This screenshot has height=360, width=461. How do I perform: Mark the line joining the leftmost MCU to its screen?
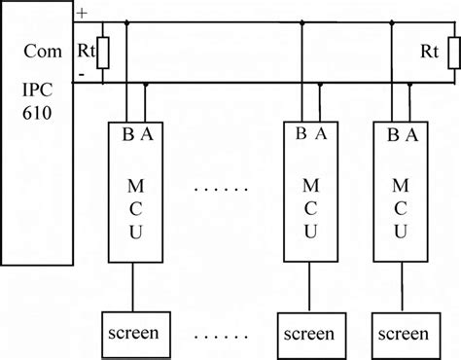[x=136, y=286]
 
